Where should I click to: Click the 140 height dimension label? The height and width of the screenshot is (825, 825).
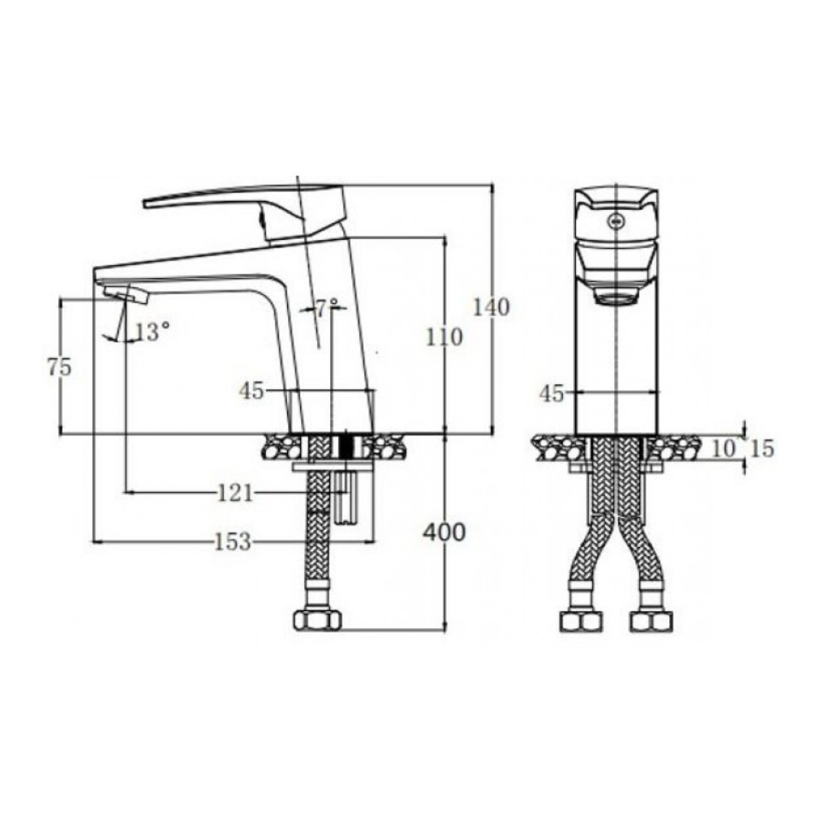(490, 308)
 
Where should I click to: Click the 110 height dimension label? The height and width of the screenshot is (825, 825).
(445, 336)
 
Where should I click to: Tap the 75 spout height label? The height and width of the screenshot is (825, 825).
(59, 367)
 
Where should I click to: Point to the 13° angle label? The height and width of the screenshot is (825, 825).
(152, 332)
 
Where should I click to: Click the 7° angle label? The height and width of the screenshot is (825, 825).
(327, 309)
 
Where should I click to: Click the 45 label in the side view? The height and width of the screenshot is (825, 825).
(251, 392)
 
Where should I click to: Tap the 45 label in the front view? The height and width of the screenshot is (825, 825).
(552, 393)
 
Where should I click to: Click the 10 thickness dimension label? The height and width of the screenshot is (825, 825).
(724, 448)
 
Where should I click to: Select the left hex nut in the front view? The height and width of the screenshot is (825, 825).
(581, 621)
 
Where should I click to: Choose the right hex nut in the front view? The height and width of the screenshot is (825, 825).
(650, 621)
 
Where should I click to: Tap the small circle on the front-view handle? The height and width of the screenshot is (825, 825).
(615, 222)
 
